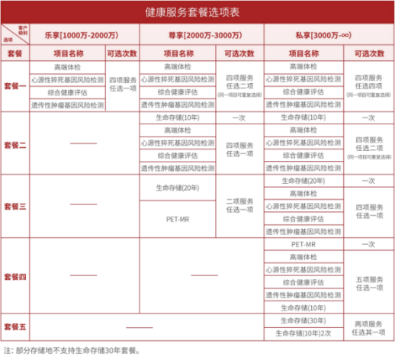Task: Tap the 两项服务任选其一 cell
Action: click(368, 326)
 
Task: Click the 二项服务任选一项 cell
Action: click(239, 207)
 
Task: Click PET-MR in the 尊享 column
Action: click(177, 218)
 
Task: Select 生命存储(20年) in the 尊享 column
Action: click(177, 187)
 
